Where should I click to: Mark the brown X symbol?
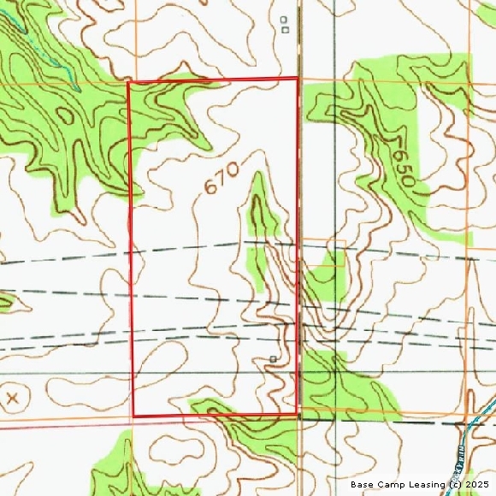pyautogui.click(x=12, y=399)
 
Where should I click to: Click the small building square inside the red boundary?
pyautogui.click(x=273, y=358)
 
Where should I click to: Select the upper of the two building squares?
pyautogui.click(x=284, y=19)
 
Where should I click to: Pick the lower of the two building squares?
pyautogui.click(x=284, y=29)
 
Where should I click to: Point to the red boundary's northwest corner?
pyautogui.click(x=128, y=83)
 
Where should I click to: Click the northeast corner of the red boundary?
pyautogui.click(x=298, y=79)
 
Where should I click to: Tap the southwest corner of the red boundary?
pyautogui.click(x=133, y=416)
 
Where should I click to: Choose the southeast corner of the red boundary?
pyautogui.click(x=297, y=415)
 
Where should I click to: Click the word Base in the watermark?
pyautogui.click(x=363, y=485)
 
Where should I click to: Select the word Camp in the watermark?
pyautogui.click(x=390, y=485)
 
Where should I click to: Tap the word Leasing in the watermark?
pyautogui.click(x=425, y=485)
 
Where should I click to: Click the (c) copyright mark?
pyautogui.click(x=454, y=485)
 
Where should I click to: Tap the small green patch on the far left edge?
pyautogui.click(x=5, y=300)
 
